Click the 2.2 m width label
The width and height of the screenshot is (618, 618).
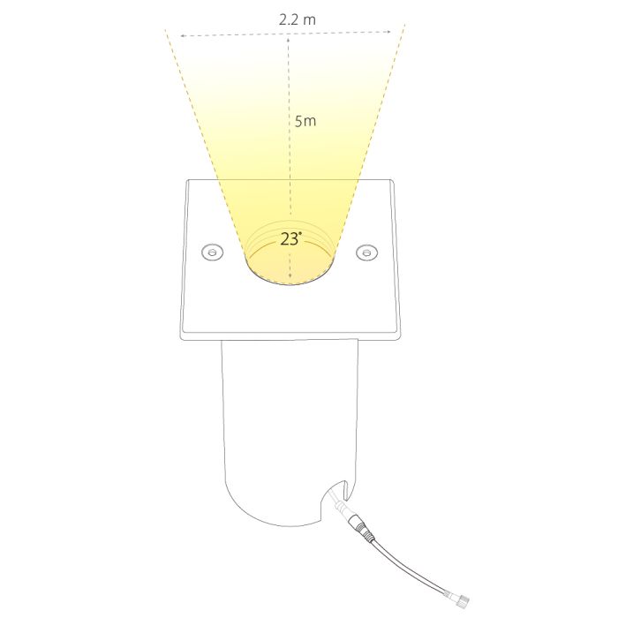298,19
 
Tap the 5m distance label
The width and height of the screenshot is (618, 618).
305,121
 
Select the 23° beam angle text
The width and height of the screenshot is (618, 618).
290,239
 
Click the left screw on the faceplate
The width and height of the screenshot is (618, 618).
213,252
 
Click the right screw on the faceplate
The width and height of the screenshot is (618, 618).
367,252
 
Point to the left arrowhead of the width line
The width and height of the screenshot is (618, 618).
183,36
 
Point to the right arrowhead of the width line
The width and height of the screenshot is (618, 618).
388,32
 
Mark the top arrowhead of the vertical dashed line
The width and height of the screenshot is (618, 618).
289,41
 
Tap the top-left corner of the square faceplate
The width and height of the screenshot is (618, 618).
188,180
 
